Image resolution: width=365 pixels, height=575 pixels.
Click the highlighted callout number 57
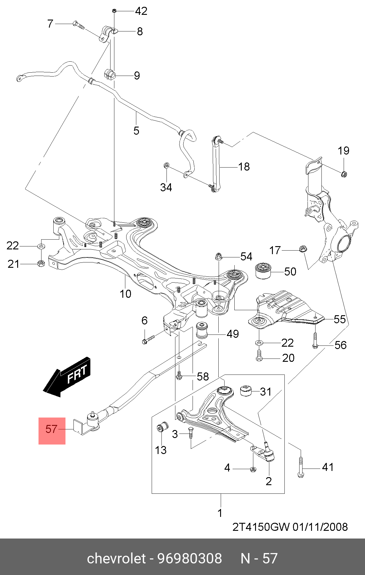click(x=51, y=429)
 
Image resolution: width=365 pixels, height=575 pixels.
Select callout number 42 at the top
click(x=141, y=11)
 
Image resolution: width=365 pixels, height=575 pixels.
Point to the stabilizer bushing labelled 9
click(x=110, y=74)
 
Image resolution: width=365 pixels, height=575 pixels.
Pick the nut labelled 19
click(x=344, y=174)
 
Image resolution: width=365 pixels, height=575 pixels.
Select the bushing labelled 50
click(x=263, y=270)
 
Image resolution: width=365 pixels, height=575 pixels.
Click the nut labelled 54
click(x=218, y=256)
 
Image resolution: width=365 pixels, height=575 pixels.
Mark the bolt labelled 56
click(x=315, y=341)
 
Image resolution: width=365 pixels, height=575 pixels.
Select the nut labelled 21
click(x=41, y=263)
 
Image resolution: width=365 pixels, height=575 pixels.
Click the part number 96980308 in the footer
click(x=189, y=558)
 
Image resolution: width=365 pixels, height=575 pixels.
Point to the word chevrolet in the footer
click(x=116, y=558)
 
